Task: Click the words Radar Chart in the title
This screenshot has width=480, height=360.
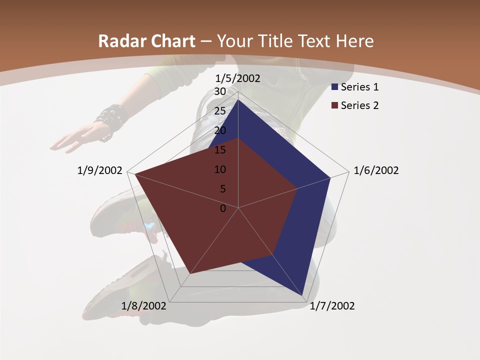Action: point(146,41)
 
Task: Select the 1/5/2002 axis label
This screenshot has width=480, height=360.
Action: point(238,78)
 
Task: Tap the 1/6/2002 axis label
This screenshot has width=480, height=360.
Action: point(376,170)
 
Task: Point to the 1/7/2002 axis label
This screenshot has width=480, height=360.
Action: point(332,306)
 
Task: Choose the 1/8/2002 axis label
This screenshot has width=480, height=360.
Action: point(144,306)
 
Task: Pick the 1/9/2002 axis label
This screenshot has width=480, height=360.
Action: point(100,170)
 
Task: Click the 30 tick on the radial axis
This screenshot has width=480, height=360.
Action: point(219,91)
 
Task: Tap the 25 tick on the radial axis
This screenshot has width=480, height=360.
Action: point(219,111)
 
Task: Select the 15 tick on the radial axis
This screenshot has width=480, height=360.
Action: point(219,150)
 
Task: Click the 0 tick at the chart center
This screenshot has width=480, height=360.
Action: point(223,208)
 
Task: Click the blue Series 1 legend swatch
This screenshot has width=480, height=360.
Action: point(335,87)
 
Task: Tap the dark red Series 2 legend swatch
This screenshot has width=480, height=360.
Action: point(335,105)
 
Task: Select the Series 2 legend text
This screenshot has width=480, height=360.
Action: point(359,105)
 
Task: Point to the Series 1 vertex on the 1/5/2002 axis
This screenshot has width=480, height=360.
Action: point(238,100)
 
